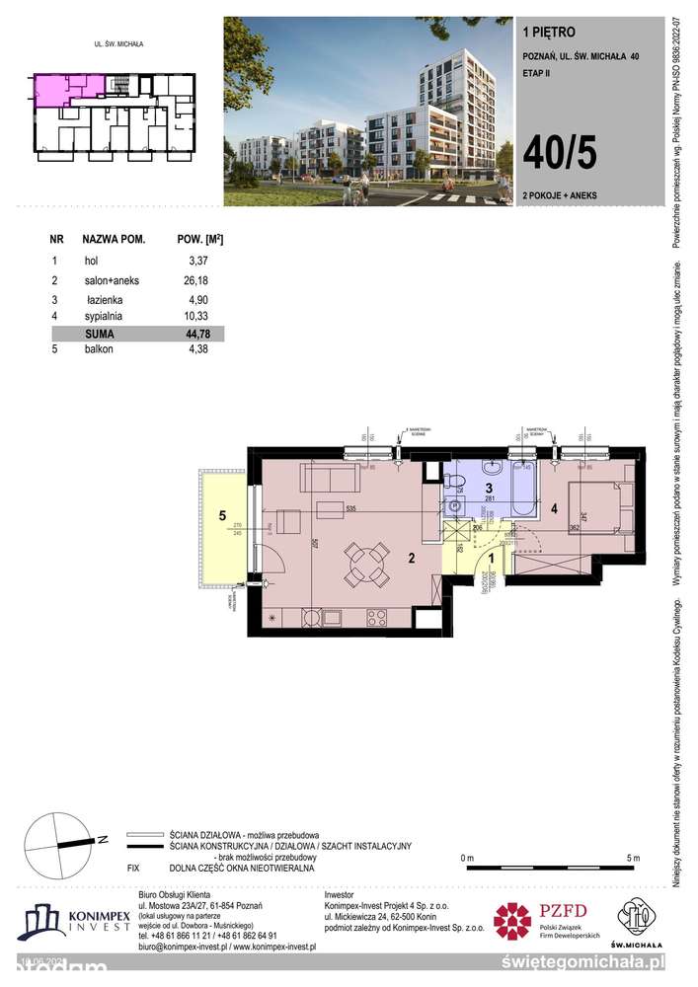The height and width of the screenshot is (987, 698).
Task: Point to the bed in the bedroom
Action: [x=602, y=506]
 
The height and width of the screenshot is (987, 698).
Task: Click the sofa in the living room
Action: [x=331, y=480]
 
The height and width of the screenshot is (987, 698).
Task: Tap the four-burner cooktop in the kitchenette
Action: [x=377, y=619]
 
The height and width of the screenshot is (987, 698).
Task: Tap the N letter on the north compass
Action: [x=101, y=840]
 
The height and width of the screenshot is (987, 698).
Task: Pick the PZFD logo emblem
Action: [x=512, y=921]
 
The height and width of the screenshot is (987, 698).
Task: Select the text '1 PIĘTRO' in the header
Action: [x=543, y=31]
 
